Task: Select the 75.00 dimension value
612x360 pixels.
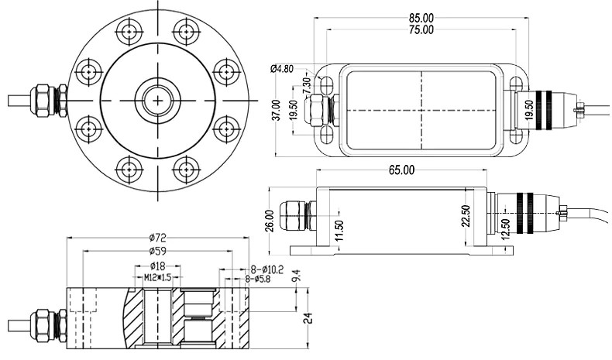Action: click(421, 29)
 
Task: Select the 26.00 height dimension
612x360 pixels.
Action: click(269, 220)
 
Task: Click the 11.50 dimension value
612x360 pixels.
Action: click(338, 231)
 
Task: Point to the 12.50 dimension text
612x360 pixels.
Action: click(505, 229)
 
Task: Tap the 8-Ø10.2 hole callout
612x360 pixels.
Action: click(262, 270)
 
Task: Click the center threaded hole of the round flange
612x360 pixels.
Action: click(158, 100)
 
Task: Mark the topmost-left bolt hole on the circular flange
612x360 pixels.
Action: click(129, 33)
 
